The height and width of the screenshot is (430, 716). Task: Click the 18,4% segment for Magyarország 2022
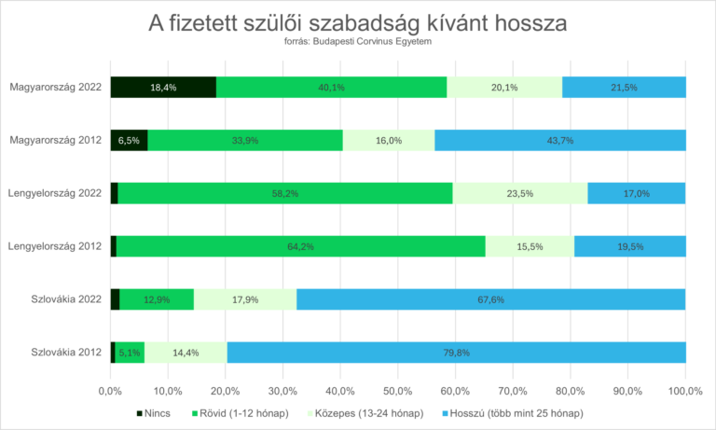(163, 87)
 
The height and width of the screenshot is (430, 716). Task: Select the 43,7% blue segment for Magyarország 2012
(560, 140)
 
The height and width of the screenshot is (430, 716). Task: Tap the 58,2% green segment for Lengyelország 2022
(285, 193)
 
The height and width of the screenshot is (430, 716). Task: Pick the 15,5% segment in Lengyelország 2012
(530, 246)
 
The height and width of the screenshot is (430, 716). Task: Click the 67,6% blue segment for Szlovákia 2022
(490, 299)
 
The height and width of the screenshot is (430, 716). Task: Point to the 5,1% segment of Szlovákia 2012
(130, 353)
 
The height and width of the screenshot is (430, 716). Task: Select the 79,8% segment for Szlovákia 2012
(456, 353)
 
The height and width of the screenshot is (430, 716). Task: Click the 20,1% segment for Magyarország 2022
(504, 87)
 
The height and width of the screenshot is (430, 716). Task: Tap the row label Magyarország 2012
(56, 140)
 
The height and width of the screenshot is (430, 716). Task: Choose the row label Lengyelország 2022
(55, 193)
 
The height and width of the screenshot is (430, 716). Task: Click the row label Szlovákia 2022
(65, 299)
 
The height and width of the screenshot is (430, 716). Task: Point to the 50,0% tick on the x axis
(398, 388)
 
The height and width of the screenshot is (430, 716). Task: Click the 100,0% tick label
(685, 388)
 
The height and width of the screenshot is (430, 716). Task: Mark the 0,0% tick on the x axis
(111, 388)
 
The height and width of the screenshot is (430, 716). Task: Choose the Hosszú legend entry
(517, 412)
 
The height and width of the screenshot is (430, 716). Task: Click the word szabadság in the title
(410, 21)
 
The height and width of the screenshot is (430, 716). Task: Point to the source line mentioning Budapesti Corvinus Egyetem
(357, 42)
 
